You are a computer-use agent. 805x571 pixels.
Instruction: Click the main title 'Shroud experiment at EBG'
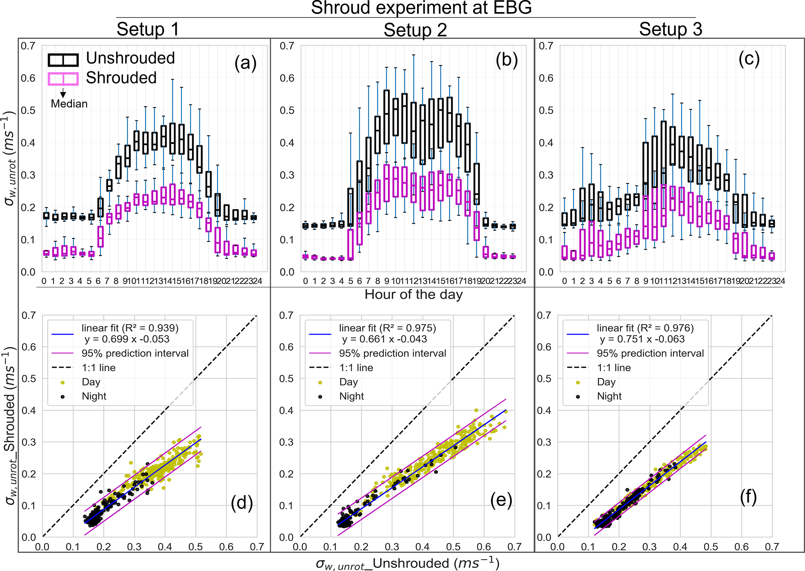(421, 8)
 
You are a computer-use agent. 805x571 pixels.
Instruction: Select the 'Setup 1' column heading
(148, 29)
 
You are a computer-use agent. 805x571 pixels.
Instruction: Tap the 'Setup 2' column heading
(415, 30)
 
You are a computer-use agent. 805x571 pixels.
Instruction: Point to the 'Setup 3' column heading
(671, 29)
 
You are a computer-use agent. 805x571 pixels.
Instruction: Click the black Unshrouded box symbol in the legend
(63, 60)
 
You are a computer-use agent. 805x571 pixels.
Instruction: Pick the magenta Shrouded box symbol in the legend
(63, 79)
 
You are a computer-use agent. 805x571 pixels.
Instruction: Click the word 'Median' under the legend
(69, 104)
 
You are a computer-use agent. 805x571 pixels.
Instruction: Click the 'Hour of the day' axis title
(414, 294)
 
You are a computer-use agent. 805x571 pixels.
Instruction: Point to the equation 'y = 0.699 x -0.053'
(127, 339)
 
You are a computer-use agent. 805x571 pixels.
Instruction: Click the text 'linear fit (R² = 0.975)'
(387, 328)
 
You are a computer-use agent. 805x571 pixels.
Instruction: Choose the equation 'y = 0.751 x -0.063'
(642, 339)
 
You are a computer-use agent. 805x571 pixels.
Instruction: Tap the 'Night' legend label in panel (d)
(94, 397)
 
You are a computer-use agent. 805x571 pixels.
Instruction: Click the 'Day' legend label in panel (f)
(606, 382)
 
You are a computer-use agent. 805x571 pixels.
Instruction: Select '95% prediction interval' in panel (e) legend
(392, 353)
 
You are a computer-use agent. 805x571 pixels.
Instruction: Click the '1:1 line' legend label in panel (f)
(614, 368)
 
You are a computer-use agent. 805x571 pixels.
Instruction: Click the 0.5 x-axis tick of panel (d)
(196, 547)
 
